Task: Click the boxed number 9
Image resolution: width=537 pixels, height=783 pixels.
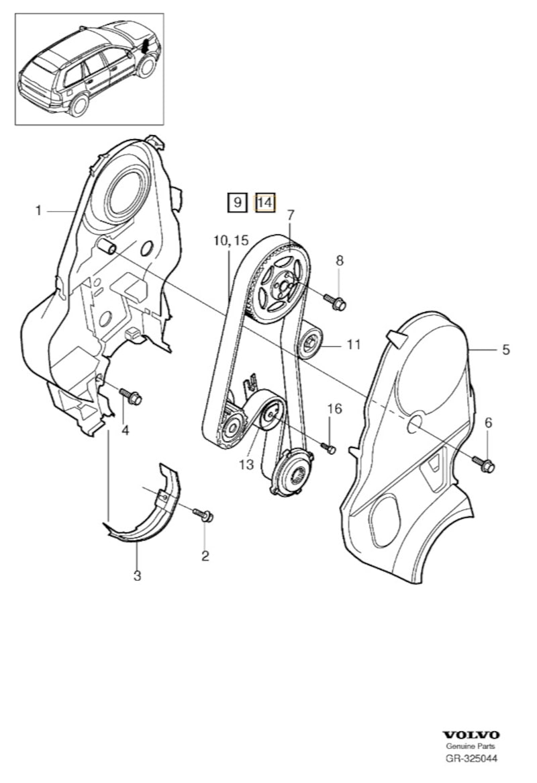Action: point(237,202)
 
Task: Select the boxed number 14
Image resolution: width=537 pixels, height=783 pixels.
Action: point(265,202)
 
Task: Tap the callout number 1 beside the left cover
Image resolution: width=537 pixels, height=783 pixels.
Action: point(39,211)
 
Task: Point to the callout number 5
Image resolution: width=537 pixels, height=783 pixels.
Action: point(505,349)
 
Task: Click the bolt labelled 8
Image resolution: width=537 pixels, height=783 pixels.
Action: point(337,303)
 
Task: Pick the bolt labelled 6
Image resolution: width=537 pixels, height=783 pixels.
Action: point(486,464)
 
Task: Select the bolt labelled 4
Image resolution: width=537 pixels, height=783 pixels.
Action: point(132,398)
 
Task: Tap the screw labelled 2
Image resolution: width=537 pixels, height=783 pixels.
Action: point(205,516)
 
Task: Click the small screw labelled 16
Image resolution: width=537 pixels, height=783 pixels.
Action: point(330,448)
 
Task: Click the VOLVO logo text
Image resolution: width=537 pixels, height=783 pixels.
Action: point(471,735)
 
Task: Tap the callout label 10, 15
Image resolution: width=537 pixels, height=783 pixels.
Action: point(232,240)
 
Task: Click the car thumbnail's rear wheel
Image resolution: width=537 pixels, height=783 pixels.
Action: point(79,104)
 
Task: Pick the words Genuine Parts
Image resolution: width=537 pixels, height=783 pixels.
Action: point(471,747)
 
